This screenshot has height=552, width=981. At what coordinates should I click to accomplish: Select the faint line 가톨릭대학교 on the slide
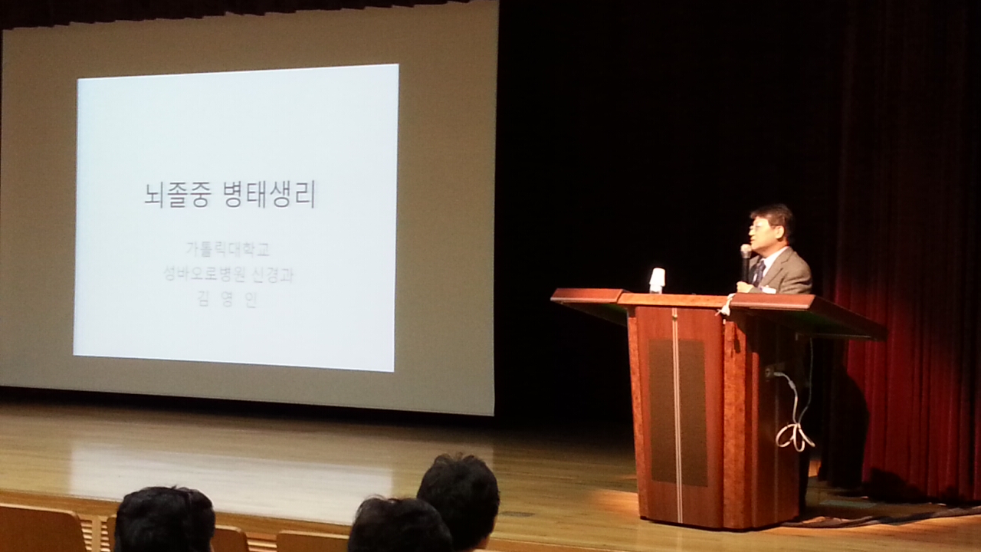point(228,250)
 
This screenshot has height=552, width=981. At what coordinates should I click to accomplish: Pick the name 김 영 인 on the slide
point(228,300)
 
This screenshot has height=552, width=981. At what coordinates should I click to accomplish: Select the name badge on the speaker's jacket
point(769,289)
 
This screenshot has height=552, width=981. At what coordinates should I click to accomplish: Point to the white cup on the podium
point(657,281)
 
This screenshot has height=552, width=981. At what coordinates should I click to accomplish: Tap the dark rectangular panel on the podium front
point(678,412)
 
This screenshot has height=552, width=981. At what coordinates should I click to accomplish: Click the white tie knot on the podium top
point(725,305)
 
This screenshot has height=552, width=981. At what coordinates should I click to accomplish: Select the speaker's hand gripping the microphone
point(744,287)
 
